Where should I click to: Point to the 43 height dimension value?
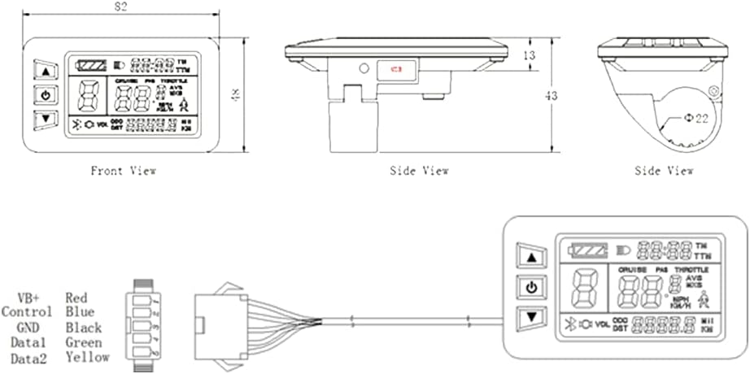click(551, 96)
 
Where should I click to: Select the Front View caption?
click(122, 171)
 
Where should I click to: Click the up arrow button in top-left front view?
click(45, 71)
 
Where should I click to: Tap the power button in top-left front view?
click(45, 96)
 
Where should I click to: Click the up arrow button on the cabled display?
click(532, 258)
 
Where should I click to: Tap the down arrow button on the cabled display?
click(532, 318)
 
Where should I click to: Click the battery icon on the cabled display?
click(587, 247)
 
